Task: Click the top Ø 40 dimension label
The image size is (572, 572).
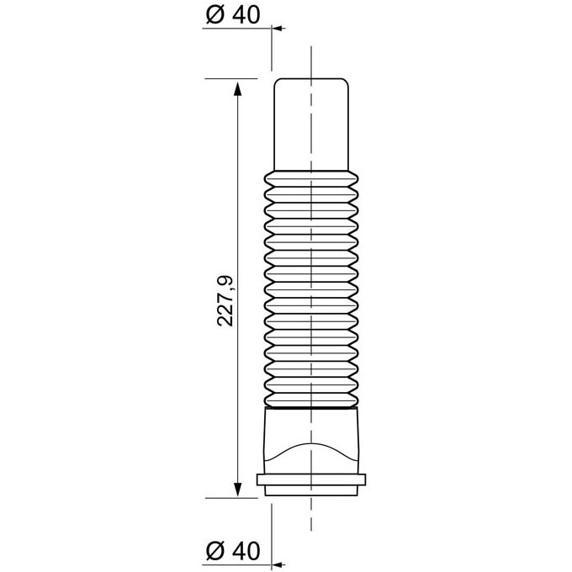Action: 233,15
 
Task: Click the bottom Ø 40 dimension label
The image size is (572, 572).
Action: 233,550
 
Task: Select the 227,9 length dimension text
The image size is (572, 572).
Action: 225,301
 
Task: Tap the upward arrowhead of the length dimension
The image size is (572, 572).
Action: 237,89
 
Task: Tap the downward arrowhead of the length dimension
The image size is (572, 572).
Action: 237,490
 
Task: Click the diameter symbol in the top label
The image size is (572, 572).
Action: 214,15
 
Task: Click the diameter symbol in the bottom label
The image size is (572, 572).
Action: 214,551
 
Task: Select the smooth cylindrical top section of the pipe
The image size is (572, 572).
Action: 311,124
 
